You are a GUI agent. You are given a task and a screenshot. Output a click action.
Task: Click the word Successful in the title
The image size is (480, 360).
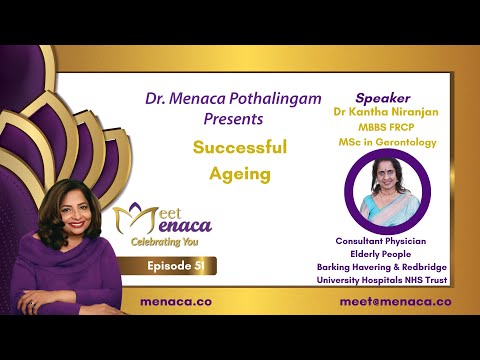pyautogui.click(x=240, y=147)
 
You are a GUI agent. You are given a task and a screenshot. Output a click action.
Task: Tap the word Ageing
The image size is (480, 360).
pyautogui.click(x=240, y=173)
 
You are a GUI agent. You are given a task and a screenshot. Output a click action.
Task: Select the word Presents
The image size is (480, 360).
pyautogui.click(x=230, y=119)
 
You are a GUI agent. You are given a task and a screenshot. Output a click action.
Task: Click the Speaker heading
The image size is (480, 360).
pyautogui.click(x=383, y=99)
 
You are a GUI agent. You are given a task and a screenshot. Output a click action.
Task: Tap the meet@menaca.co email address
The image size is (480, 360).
pyautogui.click(x=395, y=300)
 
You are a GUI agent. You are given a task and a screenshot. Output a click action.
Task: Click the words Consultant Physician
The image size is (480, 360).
pyautogui.click(x=385, y=240)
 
